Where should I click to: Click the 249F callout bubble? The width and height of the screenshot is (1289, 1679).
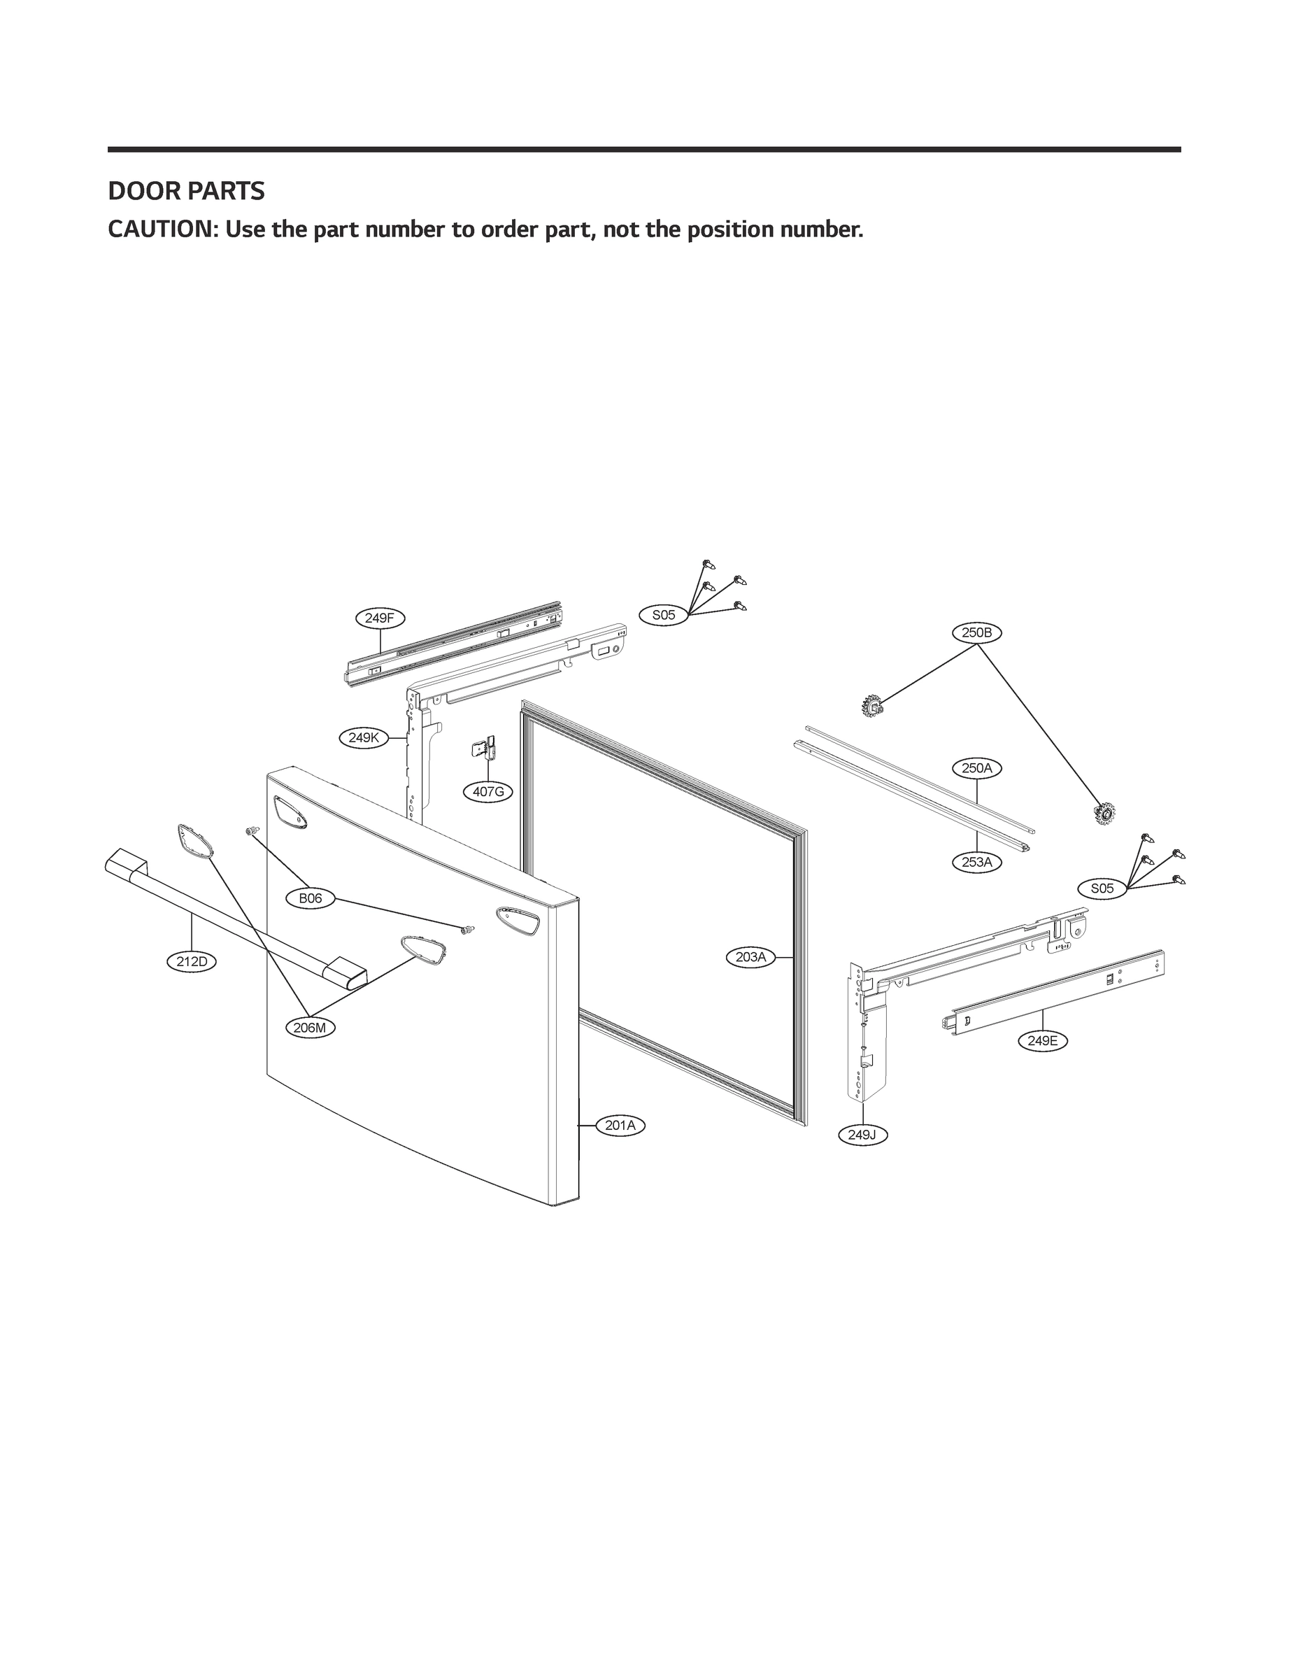click(380, 618)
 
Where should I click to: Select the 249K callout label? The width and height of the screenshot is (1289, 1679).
click(363, 737)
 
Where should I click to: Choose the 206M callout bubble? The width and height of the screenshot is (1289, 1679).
click(310, 1028)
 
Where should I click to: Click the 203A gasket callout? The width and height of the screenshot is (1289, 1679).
click(750, 957)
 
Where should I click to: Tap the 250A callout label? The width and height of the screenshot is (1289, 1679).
click(977, 767)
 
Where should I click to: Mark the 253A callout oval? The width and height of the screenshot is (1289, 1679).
click(977, 862)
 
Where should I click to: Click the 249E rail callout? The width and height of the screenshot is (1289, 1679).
click(1043, 1040)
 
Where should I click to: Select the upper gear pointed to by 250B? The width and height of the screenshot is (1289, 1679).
click(871, 704)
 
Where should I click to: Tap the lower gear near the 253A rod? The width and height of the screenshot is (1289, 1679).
click(1104, 813)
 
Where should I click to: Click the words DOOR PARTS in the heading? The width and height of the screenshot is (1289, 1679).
click(187, 191)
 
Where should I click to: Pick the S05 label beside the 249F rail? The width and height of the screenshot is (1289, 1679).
click(664, 615)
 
